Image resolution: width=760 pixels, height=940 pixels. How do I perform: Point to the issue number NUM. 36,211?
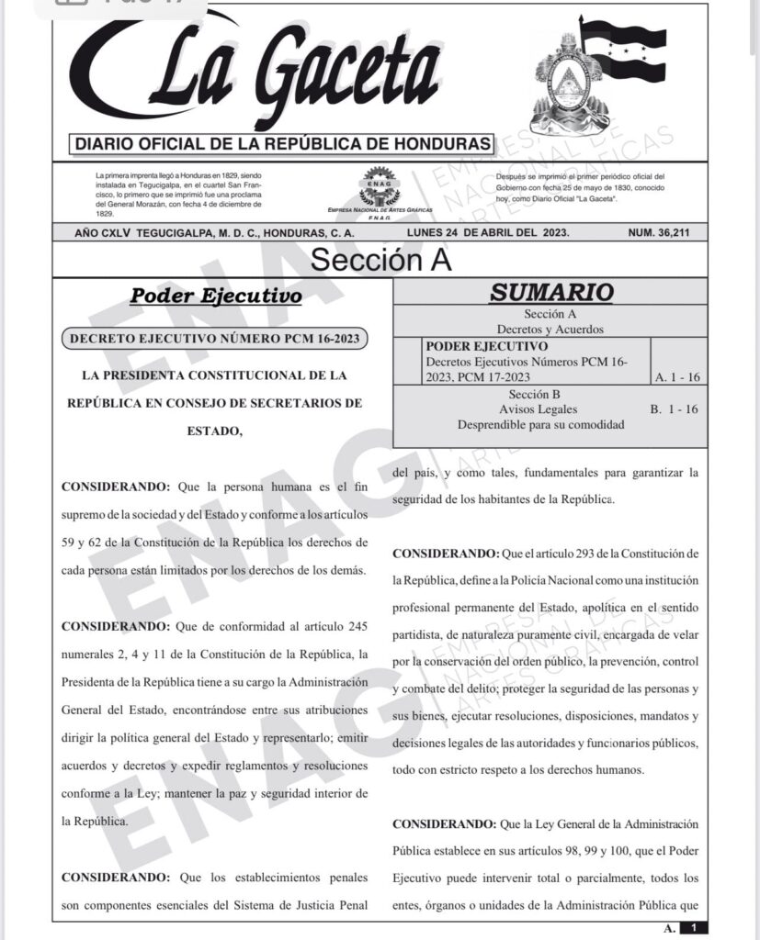coord(671,233)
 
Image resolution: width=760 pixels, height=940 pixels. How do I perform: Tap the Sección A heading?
coord(380,260)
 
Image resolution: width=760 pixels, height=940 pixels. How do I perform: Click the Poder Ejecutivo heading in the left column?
coord(216,297)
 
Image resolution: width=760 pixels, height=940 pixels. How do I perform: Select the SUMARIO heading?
coord(550,293)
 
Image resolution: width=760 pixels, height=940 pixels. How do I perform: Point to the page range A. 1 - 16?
coord(677,377)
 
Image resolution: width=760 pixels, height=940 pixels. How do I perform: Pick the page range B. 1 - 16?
coord(674,409)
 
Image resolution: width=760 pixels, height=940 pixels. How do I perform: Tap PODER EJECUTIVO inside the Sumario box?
coord(487,347)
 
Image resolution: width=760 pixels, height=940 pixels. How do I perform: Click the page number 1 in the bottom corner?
coord(694,928)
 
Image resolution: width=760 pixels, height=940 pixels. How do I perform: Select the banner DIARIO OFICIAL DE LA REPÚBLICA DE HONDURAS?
coord(282,144)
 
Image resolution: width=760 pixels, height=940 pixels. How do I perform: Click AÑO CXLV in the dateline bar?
coord(104,233)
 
